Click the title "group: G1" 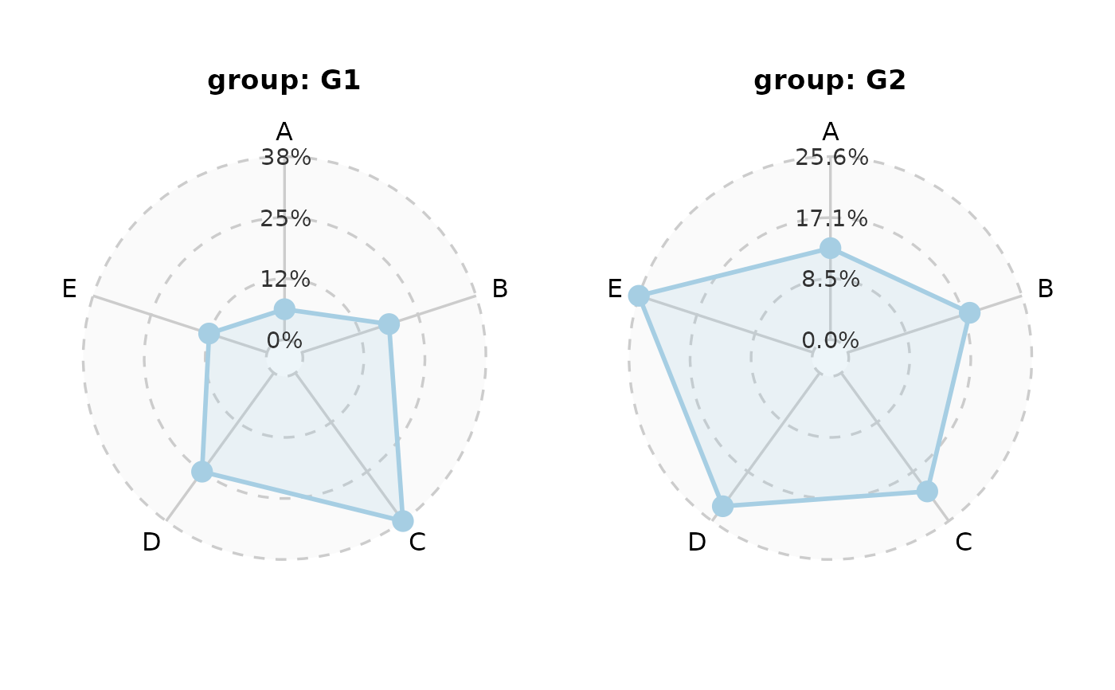pos(284,80)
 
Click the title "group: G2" pos(829,80)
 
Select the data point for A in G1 pos(284,308)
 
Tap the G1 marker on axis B pos(389,323)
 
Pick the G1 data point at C pos(403,520)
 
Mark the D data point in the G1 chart pos(202,472)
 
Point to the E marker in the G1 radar pos(209,333)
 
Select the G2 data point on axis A pos(830,248)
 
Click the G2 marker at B pos(969,312)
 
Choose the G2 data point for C pos(927,492)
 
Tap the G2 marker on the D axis pos(722,506)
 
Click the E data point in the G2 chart pos(638,296)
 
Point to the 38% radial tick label pos(286,158)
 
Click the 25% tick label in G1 pos(285,218)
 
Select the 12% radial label pos(285,279)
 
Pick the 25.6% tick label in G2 pos(831,158)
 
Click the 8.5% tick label pos(831,279)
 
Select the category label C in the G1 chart pos(417,543)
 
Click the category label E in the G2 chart pos(615,288)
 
